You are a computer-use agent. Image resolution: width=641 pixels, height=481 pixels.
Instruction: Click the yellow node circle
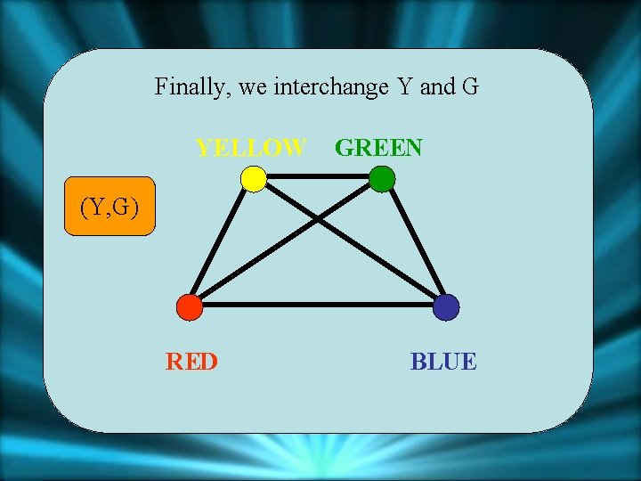[254, 179]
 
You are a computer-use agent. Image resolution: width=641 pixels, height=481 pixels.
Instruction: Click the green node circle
[382, 179]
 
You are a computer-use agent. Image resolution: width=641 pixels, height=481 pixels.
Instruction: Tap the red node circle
[190, 307]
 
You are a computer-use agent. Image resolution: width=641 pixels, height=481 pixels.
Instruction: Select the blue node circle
[446, 307]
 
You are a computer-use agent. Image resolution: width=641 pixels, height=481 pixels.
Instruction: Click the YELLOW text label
[251, 147]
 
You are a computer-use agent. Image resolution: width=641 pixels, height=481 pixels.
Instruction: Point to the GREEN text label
[378, 147]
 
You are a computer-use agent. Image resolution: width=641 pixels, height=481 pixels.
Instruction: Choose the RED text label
[191, 362]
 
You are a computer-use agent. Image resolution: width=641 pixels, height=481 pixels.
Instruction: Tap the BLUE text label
[443, 362]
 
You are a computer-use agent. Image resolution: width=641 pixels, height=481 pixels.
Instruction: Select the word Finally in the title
[186, 87]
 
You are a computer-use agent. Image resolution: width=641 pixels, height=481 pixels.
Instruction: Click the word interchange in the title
[331, 87]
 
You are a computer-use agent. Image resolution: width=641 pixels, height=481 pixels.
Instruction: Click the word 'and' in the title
[436, 87]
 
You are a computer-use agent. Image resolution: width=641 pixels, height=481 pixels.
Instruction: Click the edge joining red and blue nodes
[318, 305]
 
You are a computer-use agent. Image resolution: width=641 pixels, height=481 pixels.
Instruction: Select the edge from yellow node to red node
[222, 243]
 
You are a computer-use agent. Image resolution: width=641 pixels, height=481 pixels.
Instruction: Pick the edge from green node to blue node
[414, 243]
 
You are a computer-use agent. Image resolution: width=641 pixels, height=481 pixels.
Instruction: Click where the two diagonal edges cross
[318, 218]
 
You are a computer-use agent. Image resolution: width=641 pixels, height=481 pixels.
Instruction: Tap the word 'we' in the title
[252, 87]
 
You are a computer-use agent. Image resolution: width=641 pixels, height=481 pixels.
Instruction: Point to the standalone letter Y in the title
[404, 86]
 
